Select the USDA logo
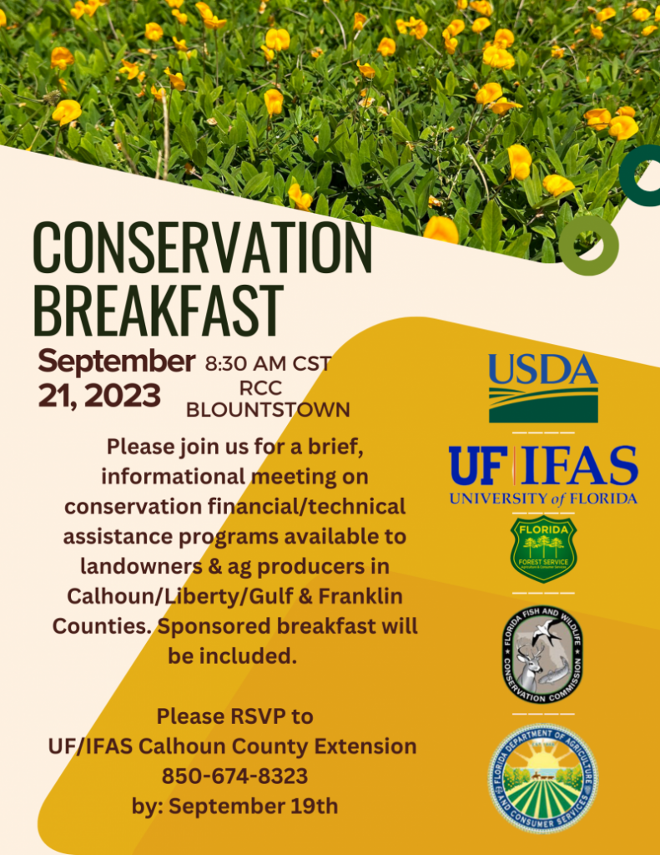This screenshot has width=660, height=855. tap(543, 388)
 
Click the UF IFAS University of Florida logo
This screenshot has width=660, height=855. tap(543, 473)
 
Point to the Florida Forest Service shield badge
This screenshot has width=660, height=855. tap(543, 548)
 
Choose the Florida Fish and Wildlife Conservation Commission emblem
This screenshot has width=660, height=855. tap(543, 655)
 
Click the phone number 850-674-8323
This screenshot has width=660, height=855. tap(234, 777)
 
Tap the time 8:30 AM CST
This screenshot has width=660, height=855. tap(268, 364)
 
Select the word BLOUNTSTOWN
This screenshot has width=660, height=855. tap(268, 410)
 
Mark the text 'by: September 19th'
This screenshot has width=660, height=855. tap(234, 807)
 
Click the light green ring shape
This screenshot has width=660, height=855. tap(588, 245)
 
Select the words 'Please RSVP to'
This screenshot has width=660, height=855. tap(234, 716)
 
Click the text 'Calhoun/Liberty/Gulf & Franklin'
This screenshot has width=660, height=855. tap(234, 596)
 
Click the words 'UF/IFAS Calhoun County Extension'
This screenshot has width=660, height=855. tap(233, 746)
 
